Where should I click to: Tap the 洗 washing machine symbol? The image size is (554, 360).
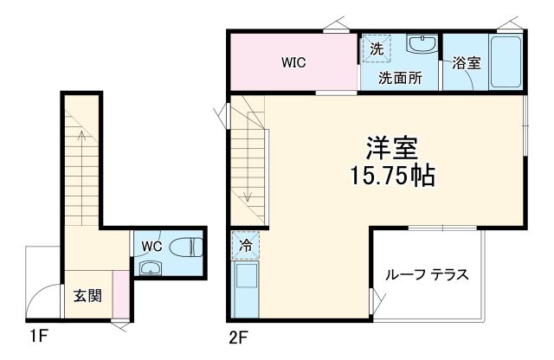376,49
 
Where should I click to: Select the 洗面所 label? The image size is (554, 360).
399,77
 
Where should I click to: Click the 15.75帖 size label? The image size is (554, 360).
392,176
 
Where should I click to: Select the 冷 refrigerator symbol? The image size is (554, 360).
245,246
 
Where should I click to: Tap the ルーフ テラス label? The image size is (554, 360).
428,276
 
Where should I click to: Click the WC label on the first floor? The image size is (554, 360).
152,245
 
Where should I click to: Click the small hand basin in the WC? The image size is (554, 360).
151,267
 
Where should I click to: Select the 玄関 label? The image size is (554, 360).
87,296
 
